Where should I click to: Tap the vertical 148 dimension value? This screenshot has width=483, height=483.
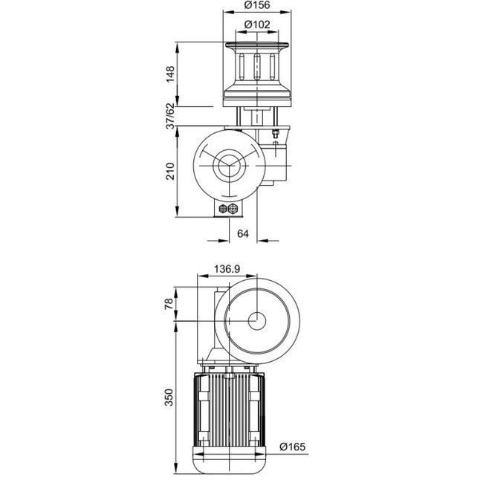point(170,74)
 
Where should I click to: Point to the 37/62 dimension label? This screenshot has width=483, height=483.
point(170,117)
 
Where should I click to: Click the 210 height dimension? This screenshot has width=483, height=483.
point(170,172)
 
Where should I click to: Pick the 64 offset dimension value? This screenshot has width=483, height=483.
point(242,233)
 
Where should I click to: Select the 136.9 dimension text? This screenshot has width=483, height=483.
point(226,269)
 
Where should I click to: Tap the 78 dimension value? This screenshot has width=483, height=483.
point(170,303)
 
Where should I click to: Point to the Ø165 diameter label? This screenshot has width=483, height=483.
point(293,447)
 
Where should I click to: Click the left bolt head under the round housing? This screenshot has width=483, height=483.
point(225,209)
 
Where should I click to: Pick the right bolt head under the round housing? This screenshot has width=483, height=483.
point(234,209)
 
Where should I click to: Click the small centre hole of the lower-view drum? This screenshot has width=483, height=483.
point(256,321)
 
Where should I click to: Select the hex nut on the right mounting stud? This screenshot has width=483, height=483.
point(276,134)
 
